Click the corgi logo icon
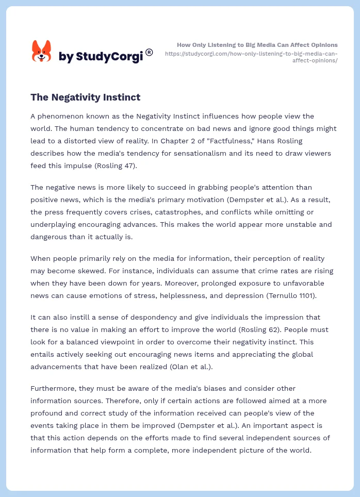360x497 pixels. pos(42,52)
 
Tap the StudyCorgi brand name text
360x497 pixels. pos(101,57)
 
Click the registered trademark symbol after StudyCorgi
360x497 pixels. pos(149,52)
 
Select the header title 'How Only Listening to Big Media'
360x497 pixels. pos(257,45)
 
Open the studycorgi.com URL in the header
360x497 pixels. pos(251,57)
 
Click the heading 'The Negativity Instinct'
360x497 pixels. pos(85,97)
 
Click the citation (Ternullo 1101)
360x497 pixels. pos(293,295)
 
